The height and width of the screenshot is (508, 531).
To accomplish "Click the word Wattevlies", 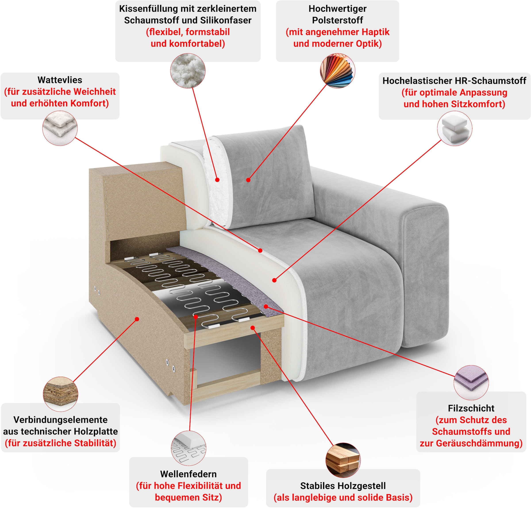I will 60,80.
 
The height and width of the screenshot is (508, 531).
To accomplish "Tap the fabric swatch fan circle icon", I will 337,71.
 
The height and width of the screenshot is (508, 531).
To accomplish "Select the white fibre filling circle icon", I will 188,71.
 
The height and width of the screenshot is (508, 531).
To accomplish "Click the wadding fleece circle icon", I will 60,128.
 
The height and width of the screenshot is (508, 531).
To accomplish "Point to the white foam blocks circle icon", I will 454,128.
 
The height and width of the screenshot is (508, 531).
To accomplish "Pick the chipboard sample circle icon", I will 60,394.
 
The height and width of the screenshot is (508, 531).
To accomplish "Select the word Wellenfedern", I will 188,474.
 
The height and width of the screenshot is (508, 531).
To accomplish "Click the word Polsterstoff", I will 337,20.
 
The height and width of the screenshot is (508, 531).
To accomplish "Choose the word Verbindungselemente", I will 60,420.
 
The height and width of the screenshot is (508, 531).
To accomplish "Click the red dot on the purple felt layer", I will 266,307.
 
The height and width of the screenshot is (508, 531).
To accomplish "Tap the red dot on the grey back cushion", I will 248,180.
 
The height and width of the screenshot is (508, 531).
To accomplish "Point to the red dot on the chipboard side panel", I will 137,319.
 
